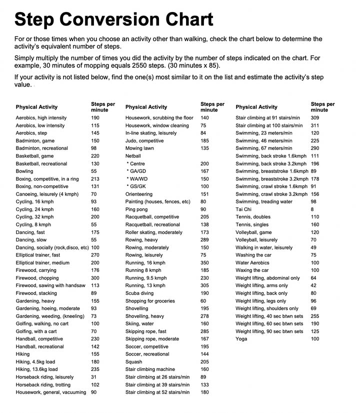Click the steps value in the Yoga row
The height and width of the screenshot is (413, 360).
tap(314, 338)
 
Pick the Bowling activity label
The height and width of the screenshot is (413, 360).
tap(24, 171)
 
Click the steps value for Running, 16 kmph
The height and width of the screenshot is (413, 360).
tap(204, 262)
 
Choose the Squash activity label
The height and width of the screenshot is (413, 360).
tap(133, 361)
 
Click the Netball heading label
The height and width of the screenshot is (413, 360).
tap(133, 156)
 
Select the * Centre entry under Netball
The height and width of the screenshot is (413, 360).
tap(136, 163)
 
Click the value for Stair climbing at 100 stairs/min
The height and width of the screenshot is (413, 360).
tap(314, 125)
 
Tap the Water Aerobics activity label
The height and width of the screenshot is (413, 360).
tap(253, 262)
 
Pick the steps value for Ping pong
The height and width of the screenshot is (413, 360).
tap(203, 209)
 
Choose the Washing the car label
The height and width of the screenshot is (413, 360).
tap(253, 255)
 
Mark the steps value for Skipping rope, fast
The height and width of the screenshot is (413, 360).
tap(204, 331)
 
